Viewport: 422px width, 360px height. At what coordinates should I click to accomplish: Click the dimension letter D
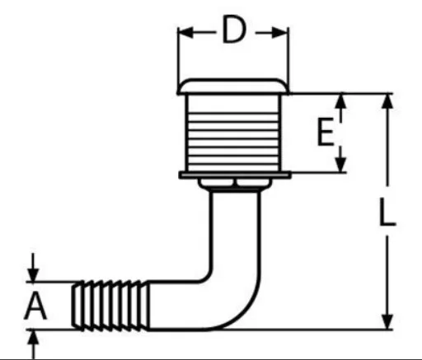pos(234,30)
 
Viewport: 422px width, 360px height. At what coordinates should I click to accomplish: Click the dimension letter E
pos(326,131)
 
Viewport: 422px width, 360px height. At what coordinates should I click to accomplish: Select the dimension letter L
pos(387,212)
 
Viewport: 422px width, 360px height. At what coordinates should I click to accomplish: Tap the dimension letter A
pos(35,306)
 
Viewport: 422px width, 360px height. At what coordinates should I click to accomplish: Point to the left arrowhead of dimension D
pos(185,32)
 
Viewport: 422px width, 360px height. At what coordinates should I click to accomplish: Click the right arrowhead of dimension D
pos(280,32)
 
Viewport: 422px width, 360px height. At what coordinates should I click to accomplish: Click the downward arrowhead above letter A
pos(34,274)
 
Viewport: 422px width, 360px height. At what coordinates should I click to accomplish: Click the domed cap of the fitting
pos(233,86)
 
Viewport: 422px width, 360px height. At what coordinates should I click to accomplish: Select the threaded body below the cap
pos(233,133)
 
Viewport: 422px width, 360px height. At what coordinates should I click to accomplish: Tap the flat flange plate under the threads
pos(235,175)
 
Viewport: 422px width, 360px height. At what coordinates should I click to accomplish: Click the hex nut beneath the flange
pos(234,184)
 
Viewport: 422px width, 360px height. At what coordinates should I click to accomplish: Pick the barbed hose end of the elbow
pos(110,306)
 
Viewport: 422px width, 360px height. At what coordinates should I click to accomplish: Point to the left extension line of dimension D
pos(178,60)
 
